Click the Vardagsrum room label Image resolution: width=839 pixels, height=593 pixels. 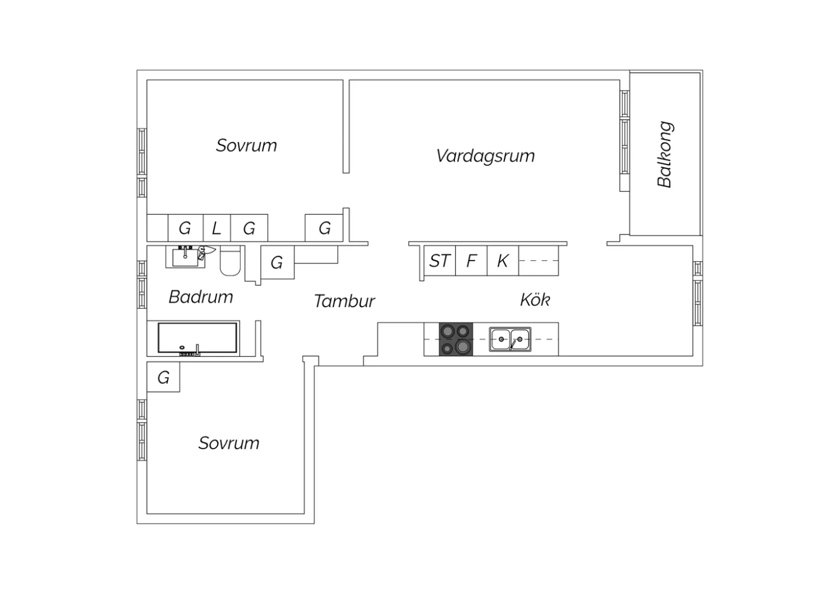[x=486, y=156]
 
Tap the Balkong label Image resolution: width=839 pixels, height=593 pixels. [x=665, y=154]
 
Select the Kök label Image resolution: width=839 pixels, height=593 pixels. [x=535, y=300]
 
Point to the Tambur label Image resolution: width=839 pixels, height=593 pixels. [x=344, y=301]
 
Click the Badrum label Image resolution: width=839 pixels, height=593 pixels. [x=201, y=296]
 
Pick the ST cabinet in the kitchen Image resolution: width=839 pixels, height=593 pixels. [x=440, y=261]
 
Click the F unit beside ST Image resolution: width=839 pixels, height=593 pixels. [x=472, y=261]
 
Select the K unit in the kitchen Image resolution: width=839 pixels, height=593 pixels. [x=503, y=261]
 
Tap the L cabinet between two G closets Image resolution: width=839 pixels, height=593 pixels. [x=217, y=228]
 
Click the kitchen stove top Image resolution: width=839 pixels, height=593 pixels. [x=456, y=339]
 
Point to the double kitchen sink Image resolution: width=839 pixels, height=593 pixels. [x=510, y=340]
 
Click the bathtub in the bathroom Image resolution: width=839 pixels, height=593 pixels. [x=197, y=338]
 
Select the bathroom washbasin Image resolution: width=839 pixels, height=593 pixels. [x=185, y=257]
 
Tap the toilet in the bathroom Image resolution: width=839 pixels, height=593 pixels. [x=230, y=261]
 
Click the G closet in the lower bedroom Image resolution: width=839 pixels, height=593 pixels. [x=163, y=377]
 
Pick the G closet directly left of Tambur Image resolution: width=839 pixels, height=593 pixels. [x=277, y=262]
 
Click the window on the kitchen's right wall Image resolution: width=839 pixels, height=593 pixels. [x=697, y=293]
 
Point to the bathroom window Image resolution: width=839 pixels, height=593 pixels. [x=142, y=285]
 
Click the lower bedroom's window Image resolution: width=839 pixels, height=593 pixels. [x=142, y=430]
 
